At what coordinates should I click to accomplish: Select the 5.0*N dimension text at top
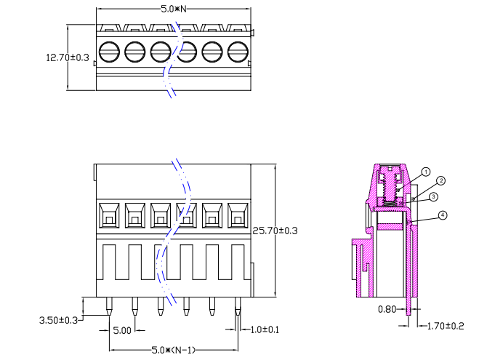tap(174, 9)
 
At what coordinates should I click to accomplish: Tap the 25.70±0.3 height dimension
tap(275, 231)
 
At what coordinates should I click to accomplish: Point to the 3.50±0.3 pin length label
tap(59, 320)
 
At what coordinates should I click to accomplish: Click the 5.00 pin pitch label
tap(121, 331)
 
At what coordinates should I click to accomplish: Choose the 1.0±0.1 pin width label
tap(265, 330)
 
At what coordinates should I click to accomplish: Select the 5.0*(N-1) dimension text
tap(173, 351)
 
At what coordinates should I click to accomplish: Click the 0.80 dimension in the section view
tap(387, 309)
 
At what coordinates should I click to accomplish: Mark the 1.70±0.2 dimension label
tap(444, 326)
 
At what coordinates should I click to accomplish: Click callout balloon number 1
tap(427, 172)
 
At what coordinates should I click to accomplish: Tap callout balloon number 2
tap(440, 180)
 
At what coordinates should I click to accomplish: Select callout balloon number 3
tap(432, 196)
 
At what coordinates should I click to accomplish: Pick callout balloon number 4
tap(443, 215)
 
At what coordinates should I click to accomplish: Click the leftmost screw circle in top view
tap(108, 52)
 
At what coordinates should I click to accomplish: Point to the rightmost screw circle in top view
tap(238, 52)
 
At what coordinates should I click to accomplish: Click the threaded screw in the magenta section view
tap(393, 186)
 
